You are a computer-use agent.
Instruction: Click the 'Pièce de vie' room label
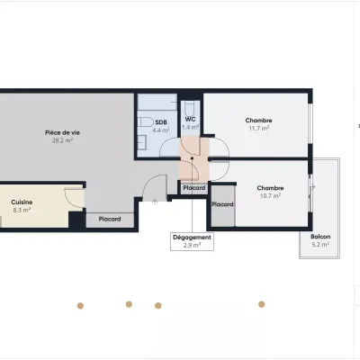(x=62, y=132)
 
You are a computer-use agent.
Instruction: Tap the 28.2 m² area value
(x=62, y=140)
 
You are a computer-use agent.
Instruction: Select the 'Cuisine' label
(x=22, y=202)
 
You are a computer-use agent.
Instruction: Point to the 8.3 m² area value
(x=22, y=210)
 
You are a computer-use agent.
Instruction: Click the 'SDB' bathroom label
(x=161, y=122)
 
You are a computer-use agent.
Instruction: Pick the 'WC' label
(x=190, y=119)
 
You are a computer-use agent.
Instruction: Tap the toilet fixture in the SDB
(x=146, y=122)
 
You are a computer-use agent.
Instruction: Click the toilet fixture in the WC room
(x=190, y=107)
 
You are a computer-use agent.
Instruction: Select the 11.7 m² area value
(x=259, y=128)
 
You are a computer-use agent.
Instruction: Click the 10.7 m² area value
(x=270, y=196)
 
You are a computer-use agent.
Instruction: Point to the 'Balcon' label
(x=320, y=237)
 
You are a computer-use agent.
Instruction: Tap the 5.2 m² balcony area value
(x=320, y=245)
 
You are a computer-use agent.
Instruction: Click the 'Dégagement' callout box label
(x=192, y=238)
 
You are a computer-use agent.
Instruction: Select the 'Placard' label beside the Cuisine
(x=110, y=220)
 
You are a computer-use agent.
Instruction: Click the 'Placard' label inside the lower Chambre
(x=222, y=204)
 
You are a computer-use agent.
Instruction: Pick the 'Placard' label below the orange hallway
(x=194, y=188)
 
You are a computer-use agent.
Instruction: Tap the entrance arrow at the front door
(x=155, y=202)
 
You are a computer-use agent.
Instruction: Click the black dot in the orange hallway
(x=192, y=158)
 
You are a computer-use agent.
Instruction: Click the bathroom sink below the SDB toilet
(x=142, y=142)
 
